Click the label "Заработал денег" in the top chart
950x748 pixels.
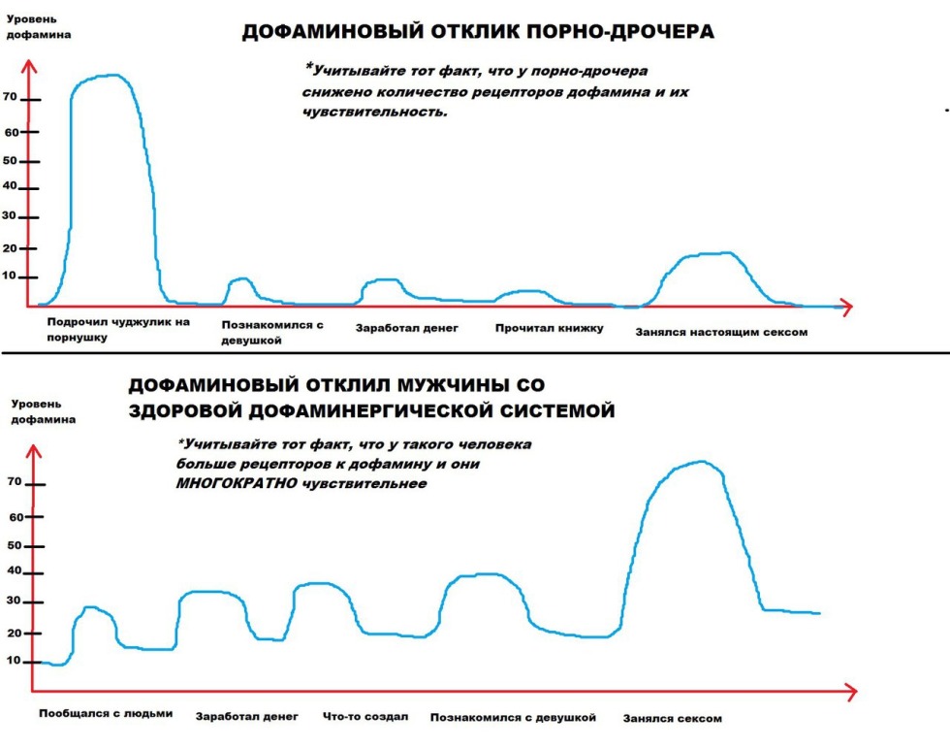406,328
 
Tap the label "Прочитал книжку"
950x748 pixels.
549,328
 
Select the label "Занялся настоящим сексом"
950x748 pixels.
721,332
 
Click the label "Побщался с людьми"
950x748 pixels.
106,713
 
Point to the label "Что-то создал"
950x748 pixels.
365,717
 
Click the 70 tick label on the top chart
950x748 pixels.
12,97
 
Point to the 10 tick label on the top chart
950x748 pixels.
12,276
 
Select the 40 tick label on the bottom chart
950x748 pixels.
13,570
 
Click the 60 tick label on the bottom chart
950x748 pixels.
14,517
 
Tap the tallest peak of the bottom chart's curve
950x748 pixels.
700,463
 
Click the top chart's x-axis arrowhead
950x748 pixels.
845,308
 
